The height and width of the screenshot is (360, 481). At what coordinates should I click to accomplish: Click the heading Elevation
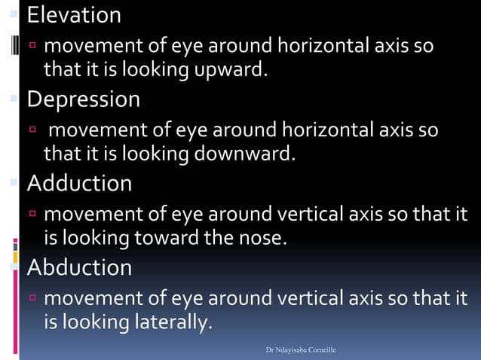(x=74, y=15)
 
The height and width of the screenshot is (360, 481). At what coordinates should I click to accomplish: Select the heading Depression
(x=84, y=99)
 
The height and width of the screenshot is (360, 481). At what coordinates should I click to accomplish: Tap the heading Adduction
(x=79, y=183)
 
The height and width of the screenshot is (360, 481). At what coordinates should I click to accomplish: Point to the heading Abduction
(x=79, y=267)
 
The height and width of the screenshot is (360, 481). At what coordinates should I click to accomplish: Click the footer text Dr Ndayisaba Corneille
(x=301, y=350)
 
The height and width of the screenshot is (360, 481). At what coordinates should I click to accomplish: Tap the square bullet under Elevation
(x=33, y=47)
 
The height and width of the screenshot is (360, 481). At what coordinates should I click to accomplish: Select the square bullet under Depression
(x=33, y=132)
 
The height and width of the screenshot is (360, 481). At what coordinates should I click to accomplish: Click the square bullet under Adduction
(x=33, y=215)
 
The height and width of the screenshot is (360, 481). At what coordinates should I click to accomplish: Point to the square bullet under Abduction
(x=33, y=300)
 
